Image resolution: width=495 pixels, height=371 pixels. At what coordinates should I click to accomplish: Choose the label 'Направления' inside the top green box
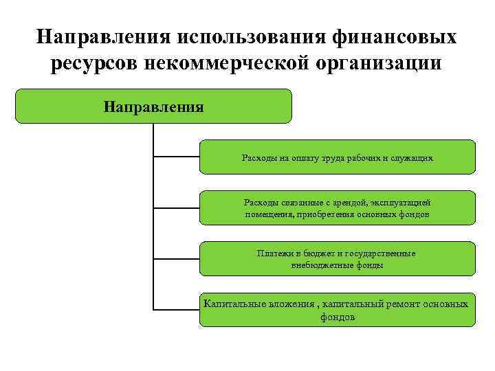pyautogui.click(x=153, y=106)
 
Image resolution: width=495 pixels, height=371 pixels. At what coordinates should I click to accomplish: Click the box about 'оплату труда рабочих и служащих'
pyautogui.click(x=337, y=157)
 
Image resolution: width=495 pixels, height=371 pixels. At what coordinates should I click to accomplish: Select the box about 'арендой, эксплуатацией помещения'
pyautogui.click(x=337, y=207)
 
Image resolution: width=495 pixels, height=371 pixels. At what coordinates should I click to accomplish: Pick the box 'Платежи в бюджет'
pyautogui.click(x=337, y=258)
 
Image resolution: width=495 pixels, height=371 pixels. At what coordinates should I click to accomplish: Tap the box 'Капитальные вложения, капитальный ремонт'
pyautogui.click(x=337, y=309)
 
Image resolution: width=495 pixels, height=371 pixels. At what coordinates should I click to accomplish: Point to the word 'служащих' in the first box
pyautogui.click(x=415, y=157)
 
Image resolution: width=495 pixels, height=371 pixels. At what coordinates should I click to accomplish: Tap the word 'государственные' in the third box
pyautogui.click(x=384, y=254)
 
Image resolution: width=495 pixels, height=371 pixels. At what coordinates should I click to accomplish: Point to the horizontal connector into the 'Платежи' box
pyautogui.click(x=176, y=258)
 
